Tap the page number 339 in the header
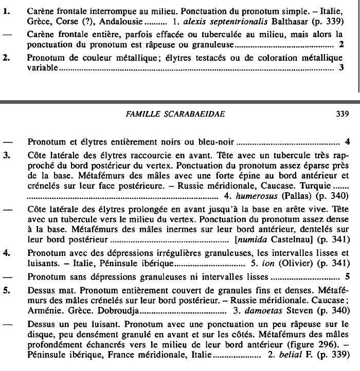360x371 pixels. (342, 114)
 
